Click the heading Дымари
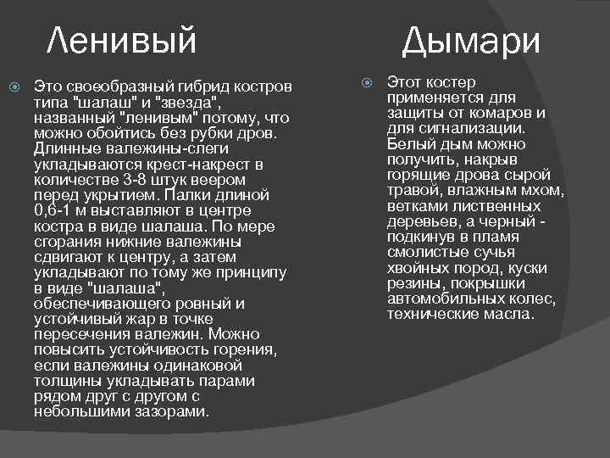pyautogui.click(x=470, y=39)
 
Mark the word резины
pyautogui.click(x=415, y=283)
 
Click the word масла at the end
pyautogui.click(x=511, y=314)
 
